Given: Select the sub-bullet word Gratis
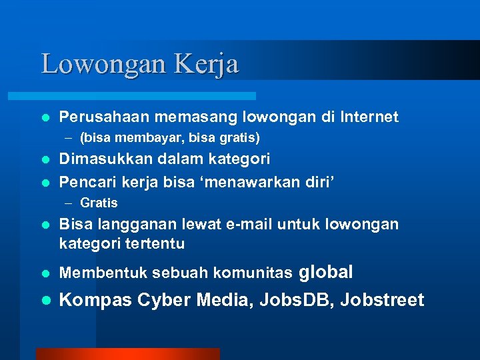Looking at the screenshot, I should pyautogui.click(x=99, y=203).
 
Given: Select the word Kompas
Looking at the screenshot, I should pyautogui.click(x=96, y=300).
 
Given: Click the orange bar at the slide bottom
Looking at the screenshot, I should pyautogui.click(x=127, y=353).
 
